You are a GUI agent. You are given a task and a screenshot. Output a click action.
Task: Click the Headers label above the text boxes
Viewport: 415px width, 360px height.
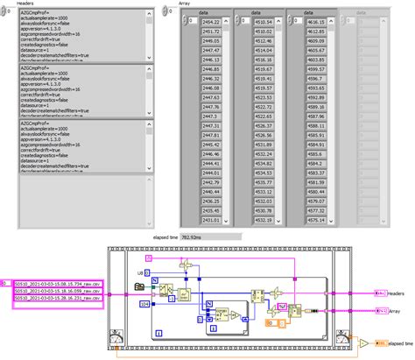click(13, 4)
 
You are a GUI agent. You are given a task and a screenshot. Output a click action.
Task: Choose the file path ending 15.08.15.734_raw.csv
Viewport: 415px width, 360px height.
click(59, 285)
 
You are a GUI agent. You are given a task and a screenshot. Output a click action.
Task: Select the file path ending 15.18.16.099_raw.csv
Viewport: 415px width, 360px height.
click(59, 293)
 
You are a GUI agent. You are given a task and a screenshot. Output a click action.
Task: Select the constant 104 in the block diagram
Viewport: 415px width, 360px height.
click(144, 303)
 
